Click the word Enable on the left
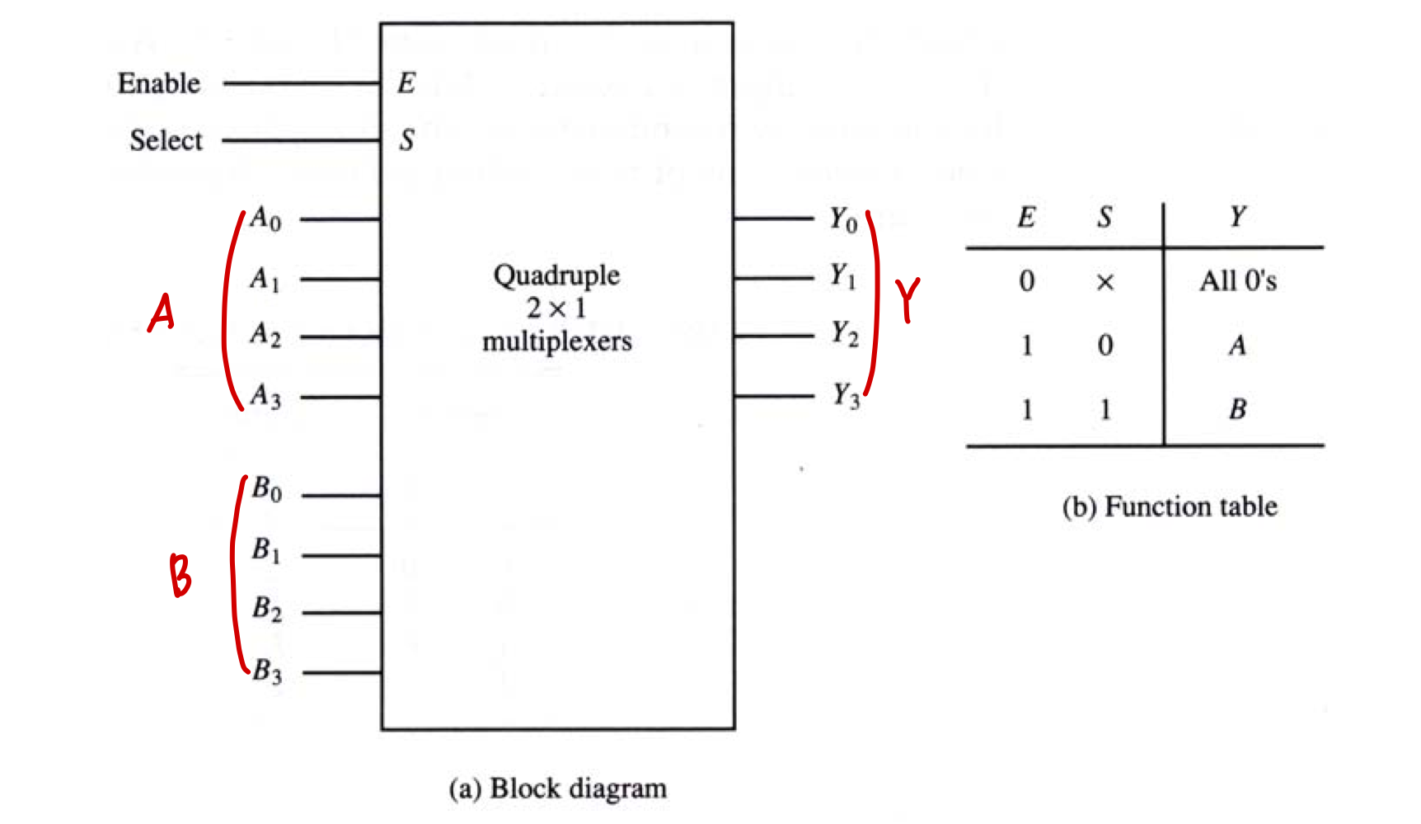point(158,83)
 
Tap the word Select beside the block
point(166,140)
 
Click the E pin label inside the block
point(406,83)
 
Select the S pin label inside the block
point(406,140)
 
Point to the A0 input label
point(265,219)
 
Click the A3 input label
point(265,396)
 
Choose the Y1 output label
point(843,275)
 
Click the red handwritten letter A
point(162,313)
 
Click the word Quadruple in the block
point(556,275)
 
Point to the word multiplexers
point(557,341)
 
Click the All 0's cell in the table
point(1237,281)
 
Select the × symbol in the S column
point(1105,282)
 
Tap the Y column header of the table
point(1237,217)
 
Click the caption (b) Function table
point(1170,506)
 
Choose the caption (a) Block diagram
point(557,789)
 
